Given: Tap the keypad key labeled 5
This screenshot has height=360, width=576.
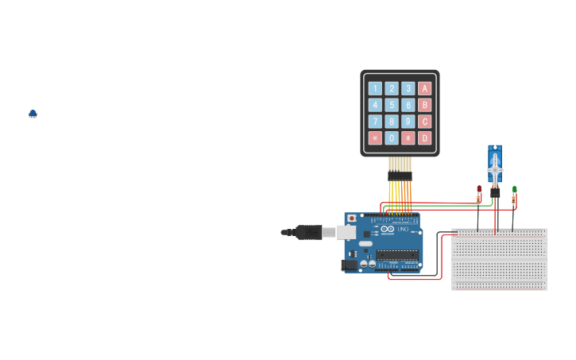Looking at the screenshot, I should (392, 105).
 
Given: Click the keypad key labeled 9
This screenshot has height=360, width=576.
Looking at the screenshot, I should (408, 122).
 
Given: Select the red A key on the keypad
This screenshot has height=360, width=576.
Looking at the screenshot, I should (425, 88).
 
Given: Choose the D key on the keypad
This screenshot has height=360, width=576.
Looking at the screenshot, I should (425, 138).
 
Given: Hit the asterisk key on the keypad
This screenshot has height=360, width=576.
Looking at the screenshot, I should (375, 138).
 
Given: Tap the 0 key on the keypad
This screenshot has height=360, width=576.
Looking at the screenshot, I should (392, 138).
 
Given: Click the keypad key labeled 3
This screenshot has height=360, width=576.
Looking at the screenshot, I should (408, 88).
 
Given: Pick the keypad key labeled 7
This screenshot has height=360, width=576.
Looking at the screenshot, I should (375, 122).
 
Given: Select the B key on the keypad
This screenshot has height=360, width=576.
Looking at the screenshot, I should (425, 105).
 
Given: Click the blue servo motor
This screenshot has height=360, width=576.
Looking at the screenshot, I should (495, 165).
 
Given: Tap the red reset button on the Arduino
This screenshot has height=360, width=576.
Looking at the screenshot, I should (352, 218).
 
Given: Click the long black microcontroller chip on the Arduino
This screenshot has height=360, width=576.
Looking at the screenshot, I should (397, 255).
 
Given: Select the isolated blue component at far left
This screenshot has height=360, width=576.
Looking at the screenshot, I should (33, 114).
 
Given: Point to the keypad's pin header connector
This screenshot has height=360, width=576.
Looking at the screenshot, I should (400, 175).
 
